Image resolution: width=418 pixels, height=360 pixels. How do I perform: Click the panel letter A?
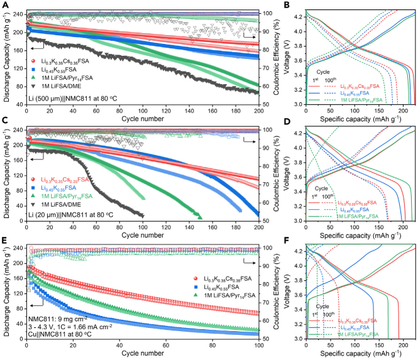(5, 5)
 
